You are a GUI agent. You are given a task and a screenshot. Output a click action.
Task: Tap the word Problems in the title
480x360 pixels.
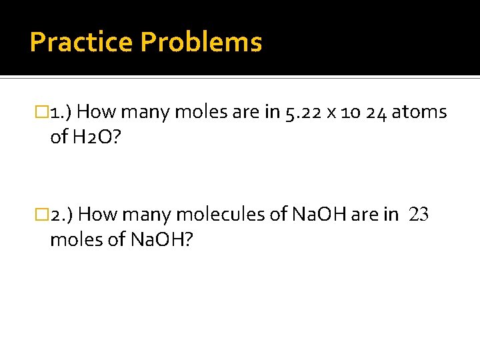[x=201, y=43]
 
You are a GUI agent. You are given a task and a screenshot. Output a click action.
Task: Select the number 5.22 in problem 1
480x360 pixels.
[x=302, y=112]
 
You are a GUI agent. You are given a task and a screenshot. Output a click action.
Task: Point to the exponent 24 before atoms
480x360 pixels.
[x=375, y=112]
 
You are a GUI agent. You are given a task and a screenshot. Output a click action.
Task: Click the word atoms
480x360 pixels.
[x=419, y=112]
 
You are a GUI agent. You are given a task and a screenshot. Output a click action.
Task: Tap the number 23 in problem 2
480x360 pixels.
[x=419, y=215]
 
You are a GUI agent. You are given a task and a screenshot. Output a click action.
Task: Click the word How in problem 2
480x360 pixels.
[x=102, y=215]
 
